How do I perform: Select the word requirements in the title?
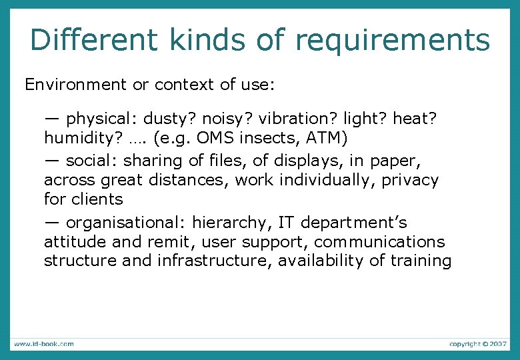[x=393, y=41]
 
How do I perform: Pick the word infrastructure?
[x=214, y=261]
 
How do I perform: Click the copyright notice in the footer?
[x=478, y=344]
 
